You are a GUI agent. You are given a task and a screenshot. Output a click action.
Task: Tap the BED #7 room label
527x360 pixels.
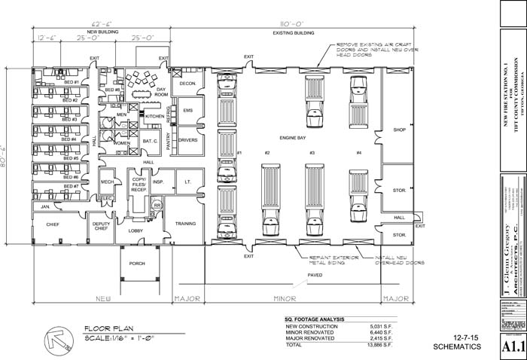71,186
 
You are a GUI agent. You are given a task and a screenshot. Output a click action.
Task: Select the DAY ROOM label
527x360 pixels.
160,92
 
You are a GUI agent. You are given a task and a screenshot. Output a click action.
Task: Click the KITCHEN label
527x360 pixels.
154,117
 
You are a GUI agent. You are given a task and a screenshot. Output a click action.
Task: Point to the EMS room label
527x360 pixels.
188,111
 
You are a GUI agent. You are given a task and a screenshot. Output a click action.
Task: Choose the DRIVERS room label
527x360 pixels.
188,140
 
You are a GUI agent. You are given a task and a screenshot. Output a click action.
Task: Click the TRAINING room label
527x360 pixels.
185,224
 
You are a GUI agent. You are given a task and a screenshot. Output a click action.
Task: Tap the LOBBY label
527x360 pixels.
136,230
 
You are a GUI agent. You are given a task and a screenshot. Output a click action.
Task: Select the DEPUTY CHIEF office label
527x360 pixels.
101,226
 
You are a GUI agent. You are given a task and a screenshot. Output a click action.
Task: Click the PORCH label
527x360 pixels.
137,264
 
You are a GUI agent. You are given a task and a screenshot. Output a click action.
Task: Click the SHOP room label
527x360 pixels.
399,130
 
